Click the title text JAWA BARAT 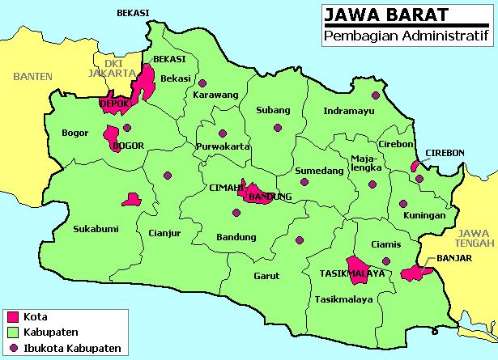click(373, 15)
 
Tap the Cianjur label click(164, 235)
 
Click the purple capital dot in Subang click(278, 126)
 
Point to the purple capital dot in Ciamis click(386, 260)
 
